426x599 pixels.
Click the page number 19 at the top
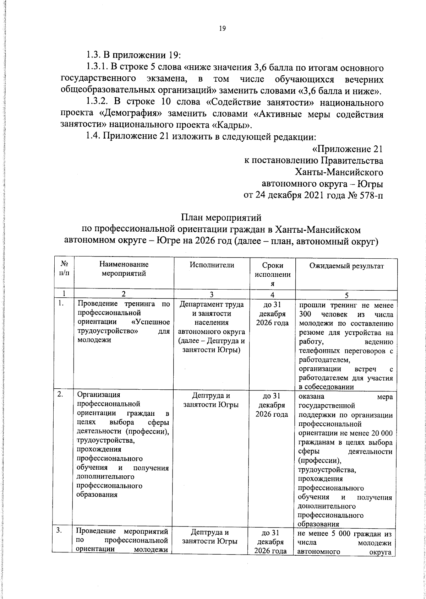point(223,29)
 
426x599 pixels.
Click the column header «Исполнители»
point(212,265)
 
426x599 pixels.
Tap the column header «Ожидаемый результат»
point(346,266)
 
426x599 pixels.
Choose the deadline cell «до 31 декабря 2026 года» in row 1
point(272,314)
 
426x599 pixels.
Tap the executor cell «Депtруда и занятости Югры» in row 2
point(212,400)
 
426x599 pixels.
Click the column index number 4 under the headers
point(272,295)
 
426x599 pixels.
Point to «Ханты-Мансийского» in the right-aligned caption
point(339,172)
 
